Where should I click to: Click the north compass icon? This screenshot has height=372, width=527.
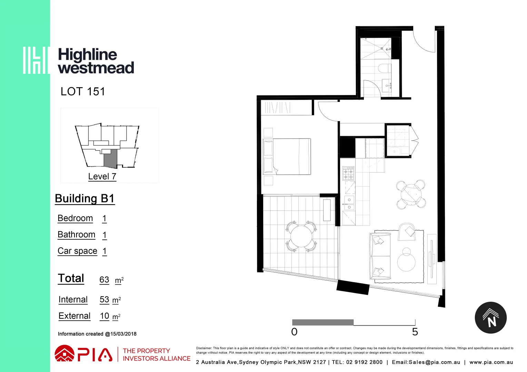[x=490, y=318]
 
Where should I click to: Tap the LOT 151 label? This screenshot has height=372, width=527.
[x=82, y=92]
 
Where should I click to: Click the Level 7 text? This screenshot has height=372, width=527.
[x=102, y=176]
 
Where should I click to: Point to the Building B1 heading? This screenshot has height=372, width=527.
[x=84, y=199]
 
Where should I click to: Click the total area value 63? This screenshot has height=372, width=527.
[x=104, y=280]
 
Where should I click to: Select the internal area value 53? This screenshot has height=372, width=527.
[x=104, y=300]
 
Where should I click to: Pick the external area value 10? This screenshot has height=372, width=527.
[x=105, y=316]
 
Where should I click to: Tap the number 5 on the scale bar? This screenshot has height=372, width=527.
[x=415, y=332]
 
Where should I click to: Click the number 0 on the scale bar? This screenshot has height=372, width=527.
[x=294, y=332]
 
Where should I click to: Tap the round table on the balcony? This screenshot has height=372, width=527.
[x=301, y=236]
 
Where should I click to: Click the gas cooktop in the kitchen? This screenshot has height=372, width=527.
[x=348, y=173]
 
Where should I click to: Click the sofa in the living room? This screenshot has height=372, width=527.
[x=380, y=256]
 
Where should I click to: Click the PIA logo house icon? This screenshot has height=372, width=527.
[x=64, y=354]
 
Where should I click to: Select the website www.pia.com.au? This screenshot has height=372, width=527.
[x=491, y=362]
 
